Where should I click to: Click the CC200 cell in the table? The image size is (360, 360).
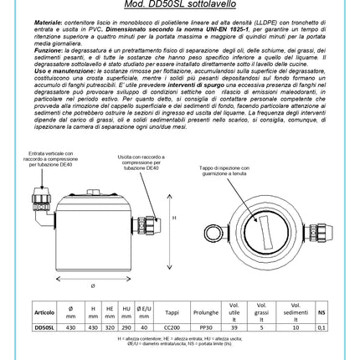pos(172,328)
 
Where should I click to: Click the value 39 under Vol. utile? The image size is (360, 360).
pos(234,328)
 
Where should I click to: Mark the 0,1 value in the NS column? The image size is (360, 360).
pos(321,328)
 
